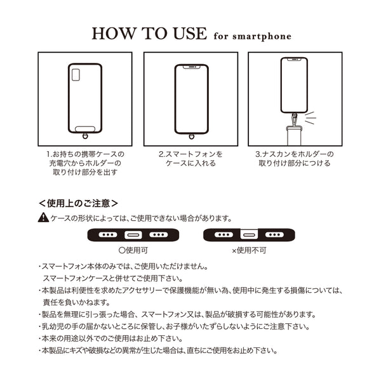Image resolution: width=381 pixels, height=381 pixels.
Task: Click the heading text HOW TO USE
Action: pyautogui.click(x=149, y=33)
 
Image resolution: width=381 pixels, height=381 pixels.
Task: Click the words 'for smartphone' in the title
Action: pyautogui.click(x=253, y=37)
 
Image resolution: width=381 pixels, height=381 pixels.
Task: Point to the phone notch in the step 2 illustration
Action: pyautogui.click(x=190, y=65)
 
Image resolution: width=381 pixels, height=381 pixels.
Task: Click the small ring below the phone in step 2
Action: pyautogui.click(x=190, y=135)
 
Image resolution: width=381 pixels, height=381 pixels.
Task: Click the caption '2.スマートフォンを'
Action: pyautogui.click(x=190, y=154)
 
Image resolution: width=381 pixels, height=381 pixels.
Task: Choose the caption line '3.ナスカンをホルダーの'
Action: pyautogui.click(x=293, y=154)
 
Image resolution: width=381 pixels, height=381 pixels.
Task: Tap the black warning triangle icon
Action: pyautogui.click(x=43, y=218)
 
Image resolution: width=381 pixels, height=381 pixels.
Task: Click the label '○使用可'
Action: pyautogui.click(x=133, y=250)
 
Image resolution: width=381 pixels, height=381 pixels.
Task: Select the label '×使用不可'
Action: pyautogui.click(x=250, y=250)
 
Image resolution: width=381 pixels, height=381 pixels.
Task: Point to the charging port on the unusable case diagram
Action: pyautogui.click(x=249, y=235)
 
